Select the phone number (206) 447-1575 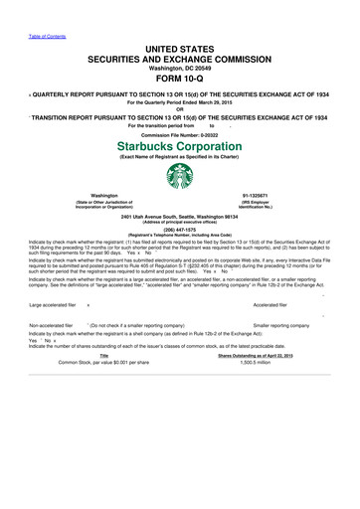180,224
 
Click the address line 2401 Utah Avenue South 180,214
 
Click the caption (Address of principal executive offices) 180,219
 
